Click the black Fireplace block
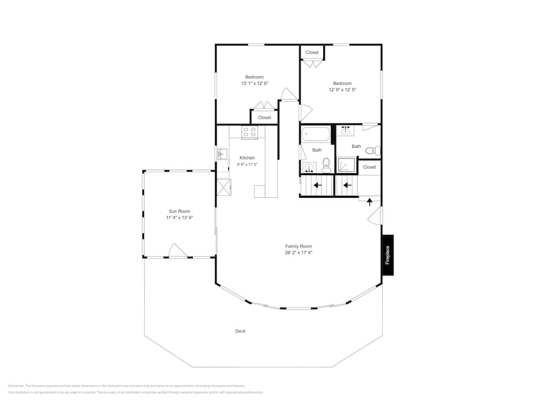click(x=388, y=256)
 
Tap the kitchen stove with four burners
click(x=250, y=132)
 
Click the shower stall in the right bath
click(x=346, y=165)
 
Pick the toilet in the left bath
click(x=326, y=164)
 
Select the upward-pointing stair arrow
click(x=369, y=202)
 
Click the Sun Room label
click(x=180, y=211)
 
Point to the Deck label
click(x=241, y=331)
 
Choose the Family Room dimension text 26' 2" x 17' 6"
click(x=299, y=252)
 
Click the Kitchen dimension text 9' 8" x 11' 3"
click(x=247, y=165)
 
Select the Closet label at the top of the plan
click(x=312, y=53)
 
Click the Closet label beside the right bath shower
click(x=369, y=167)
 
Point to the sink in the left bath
click(x=309, y=168)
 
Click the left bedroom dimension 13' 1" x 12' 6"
click(x=254, y=84)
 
